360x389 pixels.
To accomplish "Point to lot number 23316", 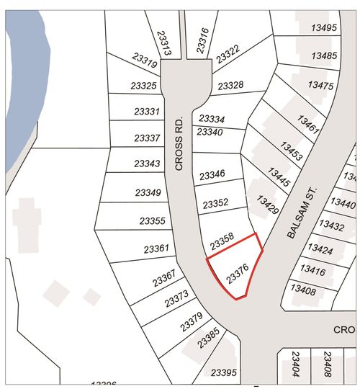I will point(203,41).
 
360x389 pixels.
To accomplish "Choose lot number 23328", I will point(230,85).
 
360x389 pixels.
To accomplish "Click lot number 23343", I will point(146,164).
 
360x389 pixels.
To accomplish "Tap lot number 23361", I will point(156,249).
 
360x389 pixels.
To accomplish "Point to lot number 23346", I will point(212,174).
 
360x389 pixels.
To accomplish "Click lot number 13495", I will point(324,28).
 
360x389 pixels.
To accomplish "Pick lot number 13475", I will point(320,85).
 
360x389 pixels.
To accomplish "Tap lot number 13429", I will point(267,202).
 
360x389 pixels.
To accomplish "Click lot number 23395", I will point(223,372).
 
